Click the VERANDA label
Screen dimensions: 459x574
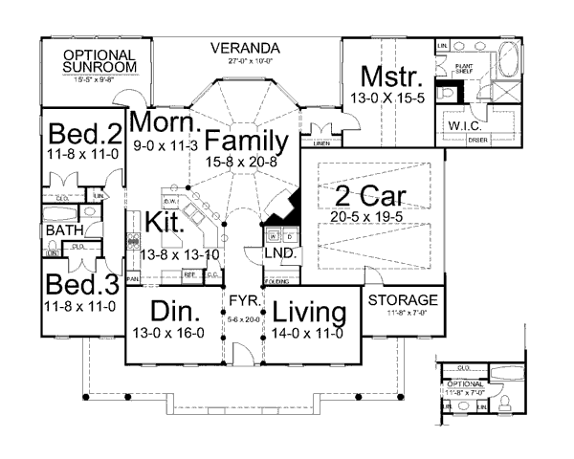pos(245,48)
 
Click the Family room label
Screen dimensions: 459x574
pos(245,142)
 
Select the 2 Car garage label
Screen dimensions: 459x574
pos(370,199)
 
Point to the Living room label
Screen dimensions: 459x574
pos(308,313)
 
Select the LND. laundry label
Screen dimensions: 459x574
pos(280,254)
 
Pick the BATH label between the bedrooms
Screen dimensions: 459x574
pos(62,230)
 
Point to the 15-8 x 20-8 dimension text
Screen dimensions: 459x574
pos(247,163)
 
